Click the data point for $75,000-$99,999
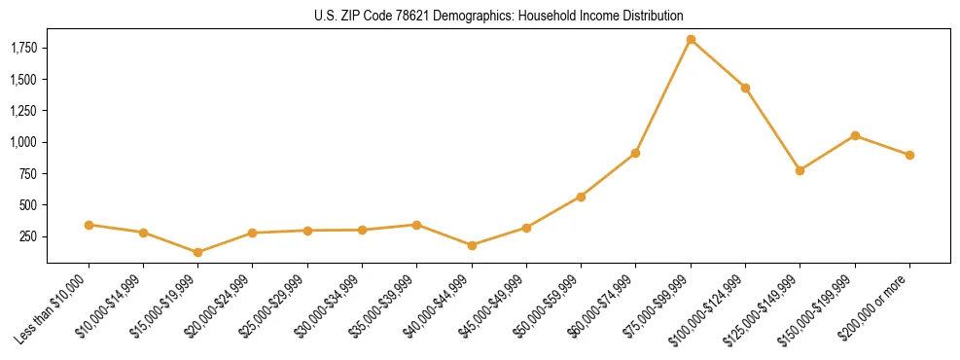click(691, 40)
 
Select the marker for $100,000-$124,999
click(745, 88)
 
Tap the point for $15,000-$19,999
click(197, 252)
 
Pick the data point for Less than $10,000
click(89, 225)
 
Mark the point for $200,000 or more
click(909, 155)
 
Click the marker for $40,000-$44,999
click(472, 245)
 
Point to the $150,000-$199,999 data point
click(855, 135)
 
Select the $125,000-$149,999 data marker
click(800, 170)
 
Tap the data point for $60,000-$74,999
click(635, 153)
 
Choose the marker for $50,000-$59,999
click(581, 197)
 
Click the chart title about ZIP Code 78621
click(499, 16)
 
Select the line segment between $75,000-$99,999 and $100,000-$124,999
click(718, 64)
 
